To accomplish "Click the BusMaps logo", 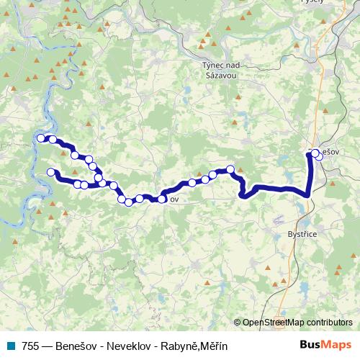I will click(x=325, y=346).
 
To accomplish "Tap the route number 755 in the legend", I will click(x=31, y=346).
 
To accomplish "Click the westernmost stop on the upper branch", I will click(x=41, y=138).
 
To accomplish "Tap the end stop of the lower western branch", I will click(x=51, y=171).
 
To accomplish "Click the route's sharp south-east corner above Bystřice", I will click(x=310, y=194).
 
